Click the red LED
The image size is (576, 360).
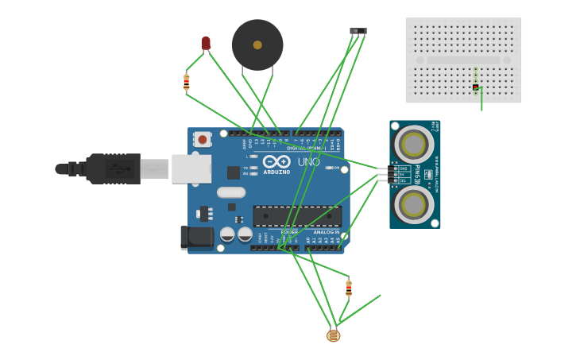point(206,43)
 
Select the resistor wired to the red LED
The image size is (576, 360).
point(187,81)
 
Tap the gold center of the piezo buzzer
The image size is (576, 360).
point(257,45)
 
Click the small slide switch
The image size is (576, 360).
point(358,31)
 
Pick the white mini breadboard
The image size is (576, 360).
point(463,60)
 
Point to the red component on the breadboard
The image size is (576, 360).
point(475,87)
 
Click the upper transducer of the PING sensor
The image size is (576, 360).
point(414,144)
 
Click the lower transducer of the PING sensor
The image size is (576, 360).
point(414,204)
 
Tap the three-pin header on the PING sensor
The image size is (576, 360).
point(384,175)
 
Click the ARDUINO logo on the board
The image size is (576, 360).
point(276,164)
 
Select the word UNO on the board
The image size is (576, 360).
point(308,162)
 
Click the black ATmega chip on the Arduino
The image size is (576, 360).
point(297,215)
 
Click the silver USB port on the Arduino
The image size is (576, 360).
point(191,168)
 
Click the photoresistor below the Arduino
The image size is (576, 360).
point(333,335)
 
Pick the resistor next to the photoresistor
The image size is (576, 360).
point(348,288)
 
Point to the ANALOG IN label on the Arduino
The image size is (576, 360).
point(326,232)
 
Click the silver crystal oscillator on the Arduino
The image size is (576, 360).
point(231,192)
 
